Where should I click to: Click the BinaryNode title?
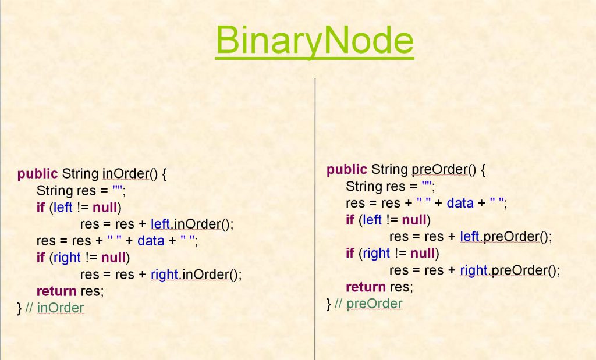[314, 41]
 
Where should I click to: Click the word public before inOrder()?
[37, 174]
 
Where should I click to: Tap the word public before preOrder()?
[346, 170]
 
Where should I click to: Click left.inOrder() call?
[191, 224]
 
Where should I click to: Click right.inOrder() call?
[196, 275]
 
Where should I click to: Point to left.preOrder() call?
[505, 237]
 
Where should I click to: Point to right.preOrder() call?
[509, 270]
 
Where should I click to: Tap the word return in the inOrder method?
[56, 291]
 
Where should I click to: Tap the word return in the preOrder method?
[366, 287]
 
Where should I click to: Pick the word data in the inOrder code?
[151, 241]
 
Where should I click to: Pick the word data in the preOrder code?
[460, 204]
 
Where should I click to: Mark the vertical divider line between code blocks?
[315, 221]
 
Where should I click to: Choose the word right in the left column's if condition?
[68, 258]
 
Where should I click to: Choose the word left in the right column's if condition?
[372, 220]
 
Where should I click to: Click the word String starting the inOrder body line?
[55, 191]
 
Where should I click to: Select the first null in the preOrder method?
[414, 220]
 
